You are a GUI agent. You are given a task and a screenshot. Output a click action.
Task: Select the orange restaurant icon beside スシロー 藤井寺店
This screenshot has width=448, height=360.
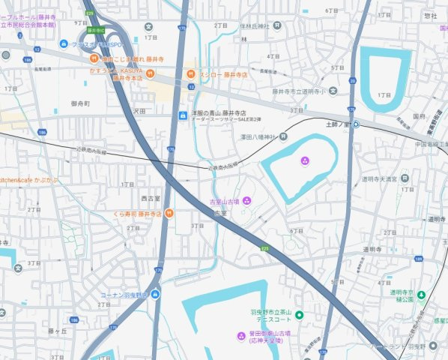(x=191, y=74)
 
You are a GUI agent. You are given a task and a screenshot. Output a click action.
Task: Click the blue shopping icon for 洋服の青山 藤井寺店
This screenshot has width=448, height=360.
(x=182, y=115)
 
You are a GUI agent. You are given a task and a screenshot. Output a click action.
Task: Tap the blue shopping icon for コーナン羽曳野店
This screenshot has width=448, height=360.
(x=155, y=294)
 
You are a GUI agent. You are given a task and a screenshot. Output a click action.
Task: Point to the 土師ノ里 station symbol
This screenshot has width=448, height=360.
(x=356, y=124)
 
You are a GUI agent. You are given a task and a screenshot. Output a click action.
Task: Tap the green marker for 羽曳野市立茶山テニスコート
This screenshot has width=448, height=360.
(x=299, y=313)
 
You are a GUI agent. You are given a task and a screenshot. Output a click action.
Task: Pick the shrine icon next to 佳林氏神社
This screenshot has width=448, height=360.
(x=277, y=25)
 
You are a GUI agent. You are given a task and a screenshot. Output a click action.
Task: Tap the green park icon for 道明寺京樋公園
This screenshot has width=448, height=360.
(x=421, y=292)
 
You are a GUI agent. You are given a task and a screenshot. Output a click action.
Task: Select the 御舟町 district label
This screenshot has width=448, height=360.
(x=80, y=103)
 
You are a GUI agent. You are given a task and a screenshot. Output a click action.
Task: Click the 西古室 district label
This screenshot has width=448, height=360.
(x=151, y=199)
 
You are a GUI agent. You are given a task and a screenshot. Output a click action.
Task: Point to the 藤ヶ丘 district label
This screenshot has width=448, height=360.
(x=58, y=330)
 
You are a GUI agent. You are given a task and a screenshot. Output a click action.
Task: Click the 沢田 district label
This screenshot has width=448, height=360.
(x=139, y=110)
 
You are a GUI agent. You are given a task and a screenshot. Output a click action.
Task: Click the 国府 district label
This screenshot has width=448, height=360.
(x=420, y=117)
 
